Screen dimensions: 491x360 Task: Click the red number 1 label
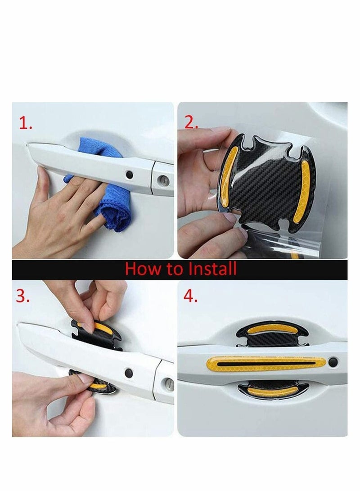pos(25,124)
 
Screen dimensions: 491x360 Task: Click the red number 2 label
pos(191,122)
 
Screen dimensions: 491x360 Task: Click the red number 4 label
pos(191,296)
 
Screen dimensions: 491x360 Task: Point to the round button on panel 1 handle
pos(129,173)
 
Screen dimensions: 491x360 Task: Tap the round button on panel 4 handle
pos(332,362)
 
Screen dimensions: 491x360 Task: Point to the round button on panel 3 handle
pos(129,373)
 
